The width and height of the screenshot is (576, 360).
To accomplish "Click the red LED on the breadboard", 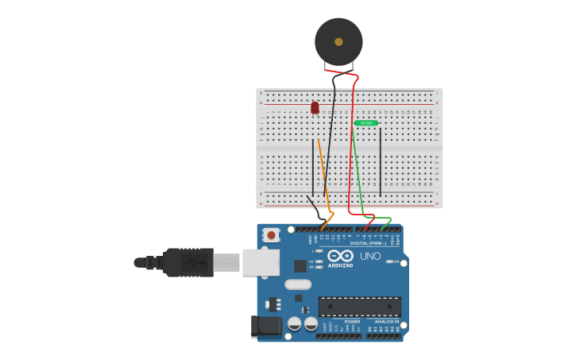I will click(315, 107).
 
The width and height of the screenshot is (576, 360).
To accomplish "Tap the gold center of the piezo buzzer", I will click(338, 41).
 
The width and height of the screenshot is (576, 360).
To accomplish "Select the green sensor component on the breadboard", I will click(366, 123).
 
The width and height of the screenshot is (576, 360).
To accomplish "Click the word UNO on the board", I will click(370, 256).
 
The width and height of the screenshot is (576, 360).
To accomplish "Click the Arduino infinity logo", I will click(340, 255).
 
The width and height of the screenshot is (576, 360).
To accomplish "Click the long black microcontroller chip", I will click(359, 307).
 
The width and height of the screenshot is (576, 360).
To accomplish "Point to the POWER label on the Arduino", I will click(352, 322).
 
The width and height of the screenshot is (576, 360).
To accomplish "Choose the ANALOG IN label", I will click(387, 322).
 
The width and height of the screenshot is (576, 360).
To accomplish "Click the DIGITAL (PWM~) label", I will click(368, 243).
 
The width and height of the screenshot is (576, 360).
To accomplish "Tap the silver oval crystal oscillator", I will click(298, 285).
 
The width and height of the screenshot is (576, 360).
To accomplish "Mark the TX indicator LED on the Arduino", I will click(319, 261).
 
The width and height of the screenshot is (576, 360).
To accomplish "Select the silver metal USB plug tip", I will click(226, 262).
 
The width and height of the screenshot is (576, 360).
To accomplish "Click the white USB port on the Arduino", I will click(261, 262).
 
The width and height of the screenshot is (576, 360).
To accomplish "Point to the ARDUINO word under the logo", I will click(340, 266).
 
